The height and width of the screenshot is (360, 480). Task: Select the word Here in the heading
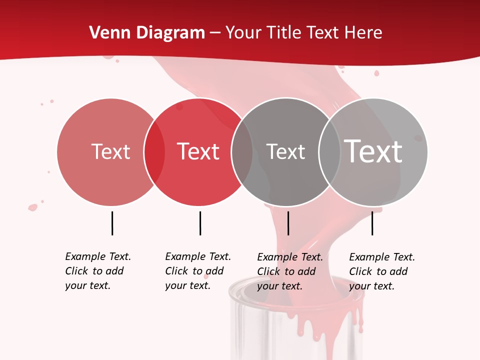click(x=364, y=33)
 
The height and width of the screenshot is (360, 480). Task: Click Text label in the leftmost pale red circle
click(x=110, y=151)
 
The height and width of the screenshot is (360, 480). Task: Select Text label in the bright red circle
click(x=198, y=151)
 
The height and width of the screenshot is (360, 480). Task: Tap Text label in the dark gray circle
click(x=285, y=151)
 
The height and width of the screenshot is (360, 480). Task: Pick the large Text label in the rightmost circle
click(x=373, y=151)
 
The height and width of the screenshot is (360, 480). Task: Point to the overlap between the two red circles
click(x=154, y=151)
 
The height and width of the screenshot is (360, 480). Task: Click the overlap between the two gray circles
click(x=329, y=151)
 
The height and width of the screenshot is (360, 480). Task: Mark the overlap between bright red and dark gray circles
click(x=242, y=151)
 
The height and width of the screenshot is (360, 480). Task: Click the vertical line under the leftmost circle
click(x=112, y=223)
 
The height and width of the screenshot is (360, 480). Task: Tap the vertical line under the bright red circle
click(x=200, y=223)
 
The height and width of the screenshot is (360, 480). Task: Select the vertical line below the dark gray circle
click(x=288, y=223)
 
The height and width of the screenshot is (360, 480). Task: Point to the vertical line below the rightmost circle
click(x=372, y=223)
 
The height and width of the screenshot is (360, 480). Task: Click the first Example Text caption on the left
click(x=98, y=271)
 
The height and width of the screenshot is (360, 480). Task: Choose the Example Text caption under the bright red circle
click(x=198, y=271)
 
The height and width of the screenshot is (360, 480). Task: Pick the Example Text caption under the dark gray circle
click(x=290, y=271)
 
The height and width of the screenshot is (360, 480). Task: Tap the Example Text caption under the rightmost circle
click(x=382, y=271)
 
